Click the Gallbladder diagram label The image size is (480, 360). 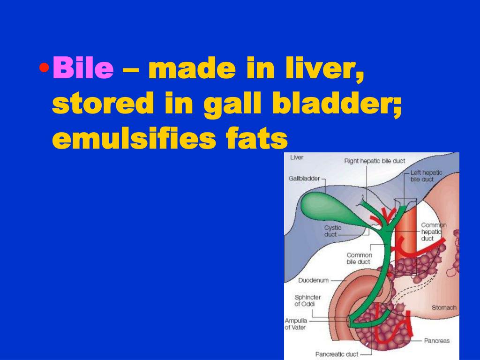tap(304, 179)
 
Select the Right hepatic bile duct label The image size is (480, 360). tap(375, 161)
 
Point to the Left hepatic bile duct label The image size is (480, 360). tap(426, 176)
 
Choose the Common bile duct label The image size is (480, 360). tap(359, 258)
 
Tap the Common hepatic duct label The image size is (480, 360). tap(434, 232)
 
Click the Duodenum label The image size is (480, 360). tap(313, 280)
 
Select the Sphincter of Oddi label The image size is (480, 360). tap(307, 300)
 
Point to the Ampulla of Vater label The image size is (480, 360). tap(296, 324)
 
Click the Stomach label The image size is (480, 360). tap(443, 307)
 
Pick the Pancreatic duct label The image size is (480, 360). tap(337, 354)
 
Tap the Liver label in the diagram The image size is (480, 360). tap(297, 157)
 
